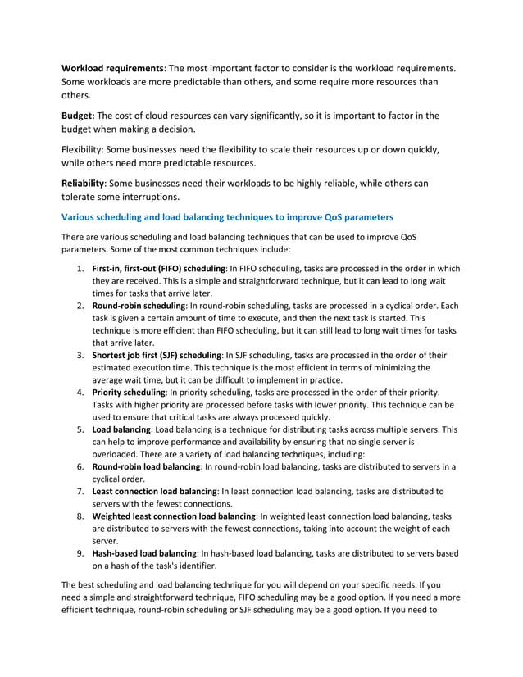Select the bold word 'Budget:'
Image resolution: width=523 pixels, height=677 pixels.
coord(79,116)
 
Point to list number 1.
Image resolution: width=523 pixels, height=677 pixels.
coord(80,269)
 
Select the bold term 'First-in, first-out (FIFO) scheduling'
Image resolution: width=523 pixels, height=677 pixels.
coord(158,269)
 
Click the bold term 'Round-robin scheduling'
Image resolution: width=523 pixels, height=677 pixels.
coord(139,306)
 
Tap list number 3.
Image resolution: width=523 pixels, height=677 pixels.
coord(80,355)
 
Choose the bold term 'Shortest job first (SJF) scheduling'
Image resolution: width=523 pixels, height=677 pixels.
coord(157,355)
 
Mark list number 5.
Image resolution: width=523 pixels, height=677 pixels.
coord(80,429)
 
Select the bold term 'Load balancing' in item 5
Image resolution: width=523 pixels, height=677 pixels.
coord(121,429)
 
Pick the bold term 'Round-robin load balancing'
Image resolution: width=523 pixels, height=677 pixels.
coord(146,466)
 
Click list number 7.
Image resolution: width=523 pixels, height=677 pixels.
coord(80,491)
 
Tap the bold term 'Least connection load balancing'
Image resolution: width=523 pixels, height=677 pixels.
coord(154,491)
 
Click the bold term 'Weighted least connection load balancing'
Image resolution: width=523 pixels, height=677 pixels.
coord(174,516)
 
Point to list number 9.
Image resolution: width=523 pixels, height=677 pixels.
coord(80,553)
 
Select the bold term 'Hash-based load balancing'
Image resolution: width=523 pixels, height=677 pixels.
coord(144,553)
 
